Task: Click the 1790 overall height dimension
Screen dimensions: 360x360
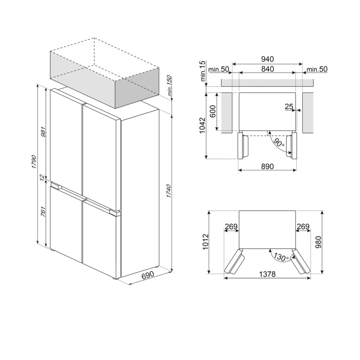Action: click(34, 162)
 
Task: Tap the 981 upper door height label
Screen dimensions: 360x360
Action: click(43, 132)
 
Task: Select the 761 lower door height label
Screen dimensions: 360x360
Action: click(43, 212)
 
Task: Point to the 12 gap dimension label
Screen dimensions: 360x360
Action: click(42, 177)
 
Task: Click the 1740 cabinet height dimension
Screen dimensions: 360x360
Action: click(169, 191)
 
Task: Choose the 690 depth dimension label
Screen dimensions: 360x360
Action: click(148, 275)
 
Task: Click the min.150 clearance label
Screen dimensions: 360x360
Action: click(170, 86)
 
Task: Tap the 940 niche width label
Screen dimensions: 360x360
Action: click(267, 59)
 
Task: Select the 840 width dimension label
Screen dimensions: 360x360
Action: click(267, 69)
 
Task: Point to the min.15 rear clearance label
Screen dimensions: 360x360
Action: click(203, 71)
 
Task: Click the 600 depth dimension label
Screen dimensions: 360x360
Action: click(213, 111)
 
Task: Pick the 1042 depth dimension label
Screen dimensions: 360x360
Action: click(203, 126)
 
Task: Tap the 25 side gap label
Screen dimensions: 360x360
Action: click(289, 107)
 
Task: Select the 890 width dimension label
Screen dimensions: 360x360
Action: click(267, 166)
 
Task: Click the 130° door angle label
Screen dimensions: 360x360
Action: click(281, 257)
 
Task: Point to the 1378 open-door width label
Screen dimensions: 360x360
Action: click(267, 274)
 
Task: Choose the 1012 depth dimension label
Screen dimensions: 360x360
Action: click(205, 242)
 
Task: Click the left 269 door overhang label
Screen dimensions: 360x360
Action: click(231, 227)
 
